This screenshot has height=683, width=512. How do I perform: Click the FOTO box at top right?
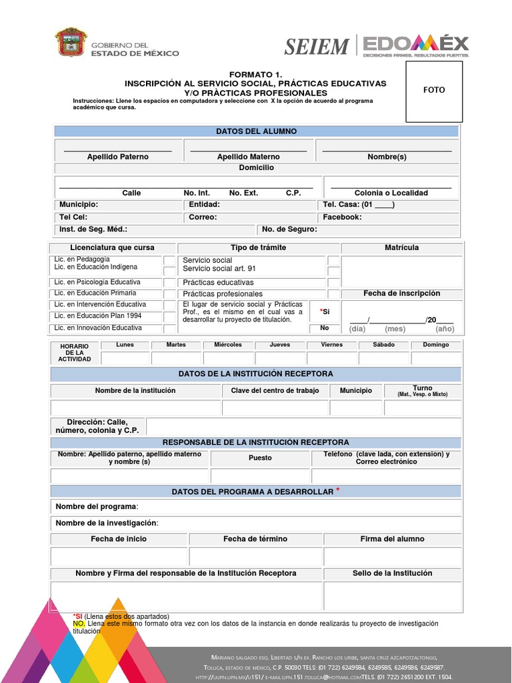[x=434, y=90]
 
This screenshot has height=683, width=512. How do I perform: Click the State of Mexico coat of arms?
[x=71, y=42]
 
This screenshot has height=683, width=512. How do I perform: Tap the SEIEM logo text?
[x=317, y=47]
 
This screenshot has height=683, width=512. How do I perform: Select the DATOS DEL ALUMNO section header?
[x=256, y=131]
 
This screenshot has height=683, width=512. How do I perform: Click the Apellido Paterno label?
[x=118, y=157]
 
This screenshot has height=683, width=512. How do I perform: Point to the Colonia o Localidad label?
[x=391, y=193]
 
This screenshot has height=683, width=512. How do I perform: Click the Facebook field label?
[x=342, y=217]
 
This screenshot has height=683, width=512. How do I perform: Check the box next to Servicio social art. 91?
[x=333, y=271]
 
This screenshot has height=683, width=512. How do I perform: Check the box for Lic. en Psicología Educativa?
[x=169, y=283]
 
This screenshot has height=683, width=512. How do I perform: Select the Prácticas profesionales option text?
[x=223, y=293]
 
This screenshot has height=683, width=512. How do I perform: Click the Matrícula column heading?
[x=401, y=247]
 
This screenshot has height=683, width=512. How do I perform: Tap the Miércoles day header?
[x=228, y=345]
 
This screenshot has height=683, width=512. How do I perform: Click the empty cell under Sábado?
[x=383, y=358]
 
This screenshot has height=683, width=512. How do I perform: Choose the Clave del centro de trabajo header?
[x=275, y=390]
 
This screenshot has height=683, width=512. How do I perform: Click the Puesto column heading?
[x=260, y=458]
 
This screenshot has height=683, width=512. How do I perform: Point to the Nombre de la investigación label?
[x=107, y=523]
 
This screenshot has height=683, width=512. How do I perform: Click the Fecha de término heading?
[x=255, y=539]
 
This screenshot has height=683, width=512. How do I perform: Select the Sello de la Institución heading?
[x=392, y=573]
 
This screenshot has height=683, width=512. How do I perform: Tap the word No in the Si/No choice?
[x=325, y=328]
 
